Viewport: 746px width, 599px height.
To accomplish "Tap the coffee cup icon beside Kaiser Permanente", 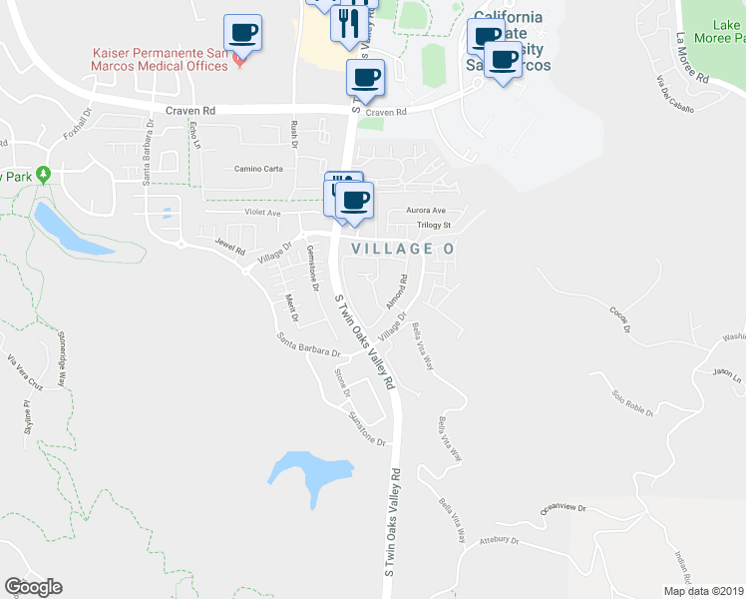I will click(243, 34).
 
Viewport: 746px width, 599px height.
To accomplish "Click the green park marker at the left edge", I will click(43, 175).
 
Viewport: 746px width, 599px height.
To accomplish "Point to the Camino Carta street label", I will click(258, 169).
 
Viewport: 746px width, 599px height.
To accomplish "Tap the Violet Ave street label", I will click(263, 213).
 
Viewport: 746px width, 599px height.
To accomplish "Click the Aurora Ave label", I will click(425, 211).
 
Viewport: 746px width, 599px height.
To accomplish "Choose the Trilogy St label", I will click(434, 225).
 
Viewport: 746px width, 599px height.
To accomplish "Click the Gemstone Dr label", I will click(312, 268).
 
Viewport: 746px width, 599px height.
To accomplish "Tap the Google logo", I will click(33, 587).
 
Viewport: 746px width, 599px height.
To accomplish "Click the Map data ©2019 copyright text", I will click(703, 591).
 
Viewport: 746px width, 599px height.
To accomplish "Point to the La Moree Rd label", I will click(691, 58).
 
